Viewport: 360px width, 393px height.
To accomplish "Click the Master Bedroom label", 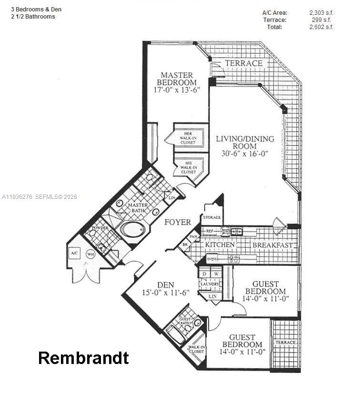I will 177,79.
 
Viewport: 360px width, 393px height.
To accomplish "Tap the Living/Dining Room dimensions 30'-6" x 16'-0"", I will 245,154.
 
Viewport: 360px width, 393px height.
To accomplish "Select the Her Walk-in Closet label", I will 188,138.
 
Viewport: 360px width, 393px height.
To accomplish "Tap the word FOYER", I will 178,222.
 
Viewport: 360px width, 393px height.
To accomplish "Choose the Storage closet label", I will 211,217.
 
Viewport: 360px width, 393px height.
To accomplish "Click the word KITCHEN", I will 220,245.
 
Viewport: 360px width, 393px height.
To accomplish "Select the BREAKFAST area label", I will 272,245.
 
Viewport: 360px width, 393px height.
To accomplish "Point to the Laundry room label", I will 210,284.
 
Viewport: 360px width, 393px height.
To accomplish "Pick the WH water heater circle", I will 90,254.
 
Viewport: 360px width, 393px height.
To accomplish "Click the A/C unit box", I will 75,254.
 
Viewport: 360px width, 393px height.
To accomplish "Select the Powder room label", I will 100,228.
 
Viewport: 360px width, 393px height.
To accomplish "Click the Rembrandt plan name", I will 83,358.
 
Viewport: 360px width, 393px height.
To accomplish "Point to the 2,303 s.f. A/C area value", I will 321,13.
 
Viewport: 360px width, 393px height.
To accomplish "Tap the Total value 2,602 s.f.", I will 321,27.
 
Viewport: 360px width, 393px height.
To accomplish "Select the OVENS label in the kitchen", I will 212,259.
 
